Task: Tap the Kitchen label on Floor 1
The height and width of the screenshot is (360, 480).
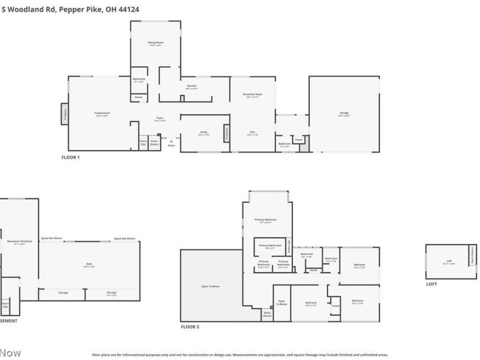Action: [192, 86]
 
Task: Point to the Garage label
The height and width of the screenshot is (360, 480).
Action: [344, 113]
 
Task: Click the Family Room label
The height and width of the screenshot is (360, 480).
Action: [101, 113]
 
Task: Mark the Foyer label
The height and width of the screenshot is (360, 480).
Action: [160, 119]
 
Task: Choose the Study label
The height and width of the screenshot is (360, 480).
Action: [203, 133]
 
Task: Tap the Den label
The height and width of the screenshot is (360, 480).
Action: [253, 133]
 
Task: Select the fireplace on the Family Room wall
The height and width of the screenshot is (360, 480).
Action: [64, 113]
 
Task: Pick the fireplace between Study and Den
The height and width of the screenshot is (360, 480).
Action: [227, 133]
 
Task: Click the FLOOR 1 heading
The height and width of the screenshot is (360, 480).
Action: [70, 157]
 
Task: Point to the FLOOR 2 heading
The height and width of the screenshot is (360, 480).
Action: [190, 327]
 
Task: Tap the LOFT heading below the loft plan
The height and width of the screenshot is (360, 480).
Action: [432, 284]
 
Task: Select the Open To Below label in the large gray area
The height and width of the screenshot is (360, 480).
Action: [210, 287]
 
